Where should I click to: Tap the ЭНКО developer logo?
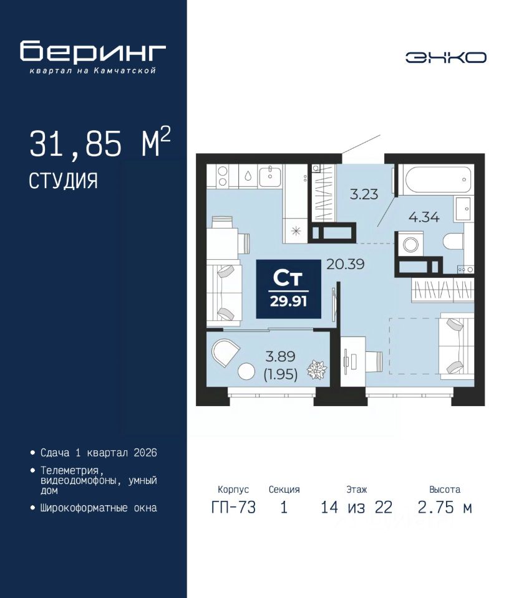(445, 57)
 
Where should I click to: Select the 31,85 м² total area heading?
(100, 143)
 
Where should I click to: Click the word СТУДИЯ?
(64, 181)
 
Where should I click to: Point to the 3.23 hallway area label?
(364, 194)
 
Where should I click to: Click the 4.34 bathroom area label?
(424, 217)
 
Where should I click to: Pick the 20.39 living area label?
(345, 264)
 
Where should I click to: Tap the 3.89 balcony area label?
(281, 356)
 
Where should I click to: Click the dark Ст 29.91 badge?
(288, 289)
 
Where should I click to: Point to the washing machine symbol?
(410, 244)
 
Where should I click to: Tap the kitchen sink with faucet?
(270, 176)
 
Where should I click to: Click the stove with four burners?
(222, 176)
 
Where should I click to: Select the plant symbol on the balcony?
(317, 370)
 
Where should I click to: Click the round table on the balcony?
(246, 371)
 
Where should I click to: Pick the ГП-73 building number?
(233, 508)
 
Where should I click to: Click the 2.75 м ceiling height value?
(445, 508)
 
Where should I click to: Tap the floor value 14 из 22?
(357, 508)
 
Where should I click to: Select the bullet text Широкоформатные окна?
(99, 508)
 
